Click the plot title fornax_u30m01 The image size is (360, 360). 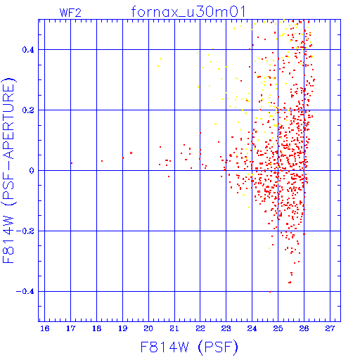[188, 12]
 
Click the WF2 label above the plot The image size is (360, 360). [70, 13]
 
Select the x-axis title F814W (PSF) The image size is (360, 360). [189, 347]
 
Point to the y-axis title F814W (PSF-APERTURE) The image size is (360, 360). [9, 171]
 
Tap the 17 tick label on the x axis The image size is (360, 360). [70, 328]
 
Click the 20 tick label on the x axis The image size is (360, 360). [148, 328]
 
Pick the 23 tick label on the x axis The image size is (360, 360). [226, 328]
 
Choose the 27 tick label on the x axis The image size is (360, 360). [330, 328]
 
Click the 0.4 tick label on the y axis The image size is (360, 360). [28, 50]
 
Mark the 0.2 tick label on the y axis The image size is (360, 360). [28, 110]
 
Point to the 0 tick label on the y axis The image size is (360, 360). [32, 171]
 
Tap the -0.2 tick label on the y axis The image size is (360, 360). [25, 231]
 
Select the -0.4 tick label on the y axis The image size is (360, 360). [25, 292]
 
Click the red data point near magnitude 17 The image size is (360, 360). [72, 163]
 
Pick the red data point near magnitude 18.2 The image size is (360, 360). [102, 161]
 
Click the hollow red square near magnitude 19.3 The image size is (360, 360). [131, 153]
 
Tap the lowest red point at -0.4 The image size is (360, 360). [270, 292]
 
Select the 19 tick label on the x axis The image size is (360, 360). [122, 328]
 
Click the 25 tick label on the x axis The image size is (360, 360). [278, 328]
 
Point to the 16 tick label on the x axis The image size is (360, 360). [45, 328]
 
